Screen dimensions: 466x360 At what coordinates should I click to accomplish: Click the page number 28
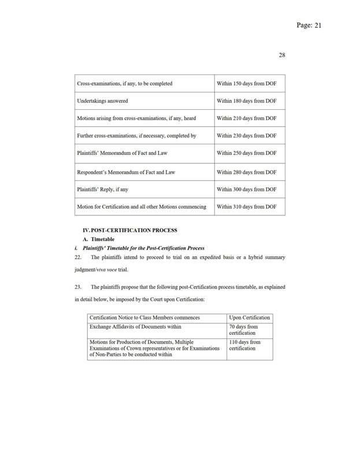tap(283, 55)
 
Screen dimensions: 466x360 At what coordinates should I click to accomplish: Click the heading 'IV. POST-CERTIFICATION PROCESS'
tap(125, 230)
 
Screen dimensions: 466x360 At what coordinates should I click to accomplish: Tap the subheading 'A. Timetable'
tap(99, 239)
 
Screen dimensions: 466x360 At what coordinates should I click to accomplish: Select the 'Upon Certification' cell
tap(249, 318)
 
